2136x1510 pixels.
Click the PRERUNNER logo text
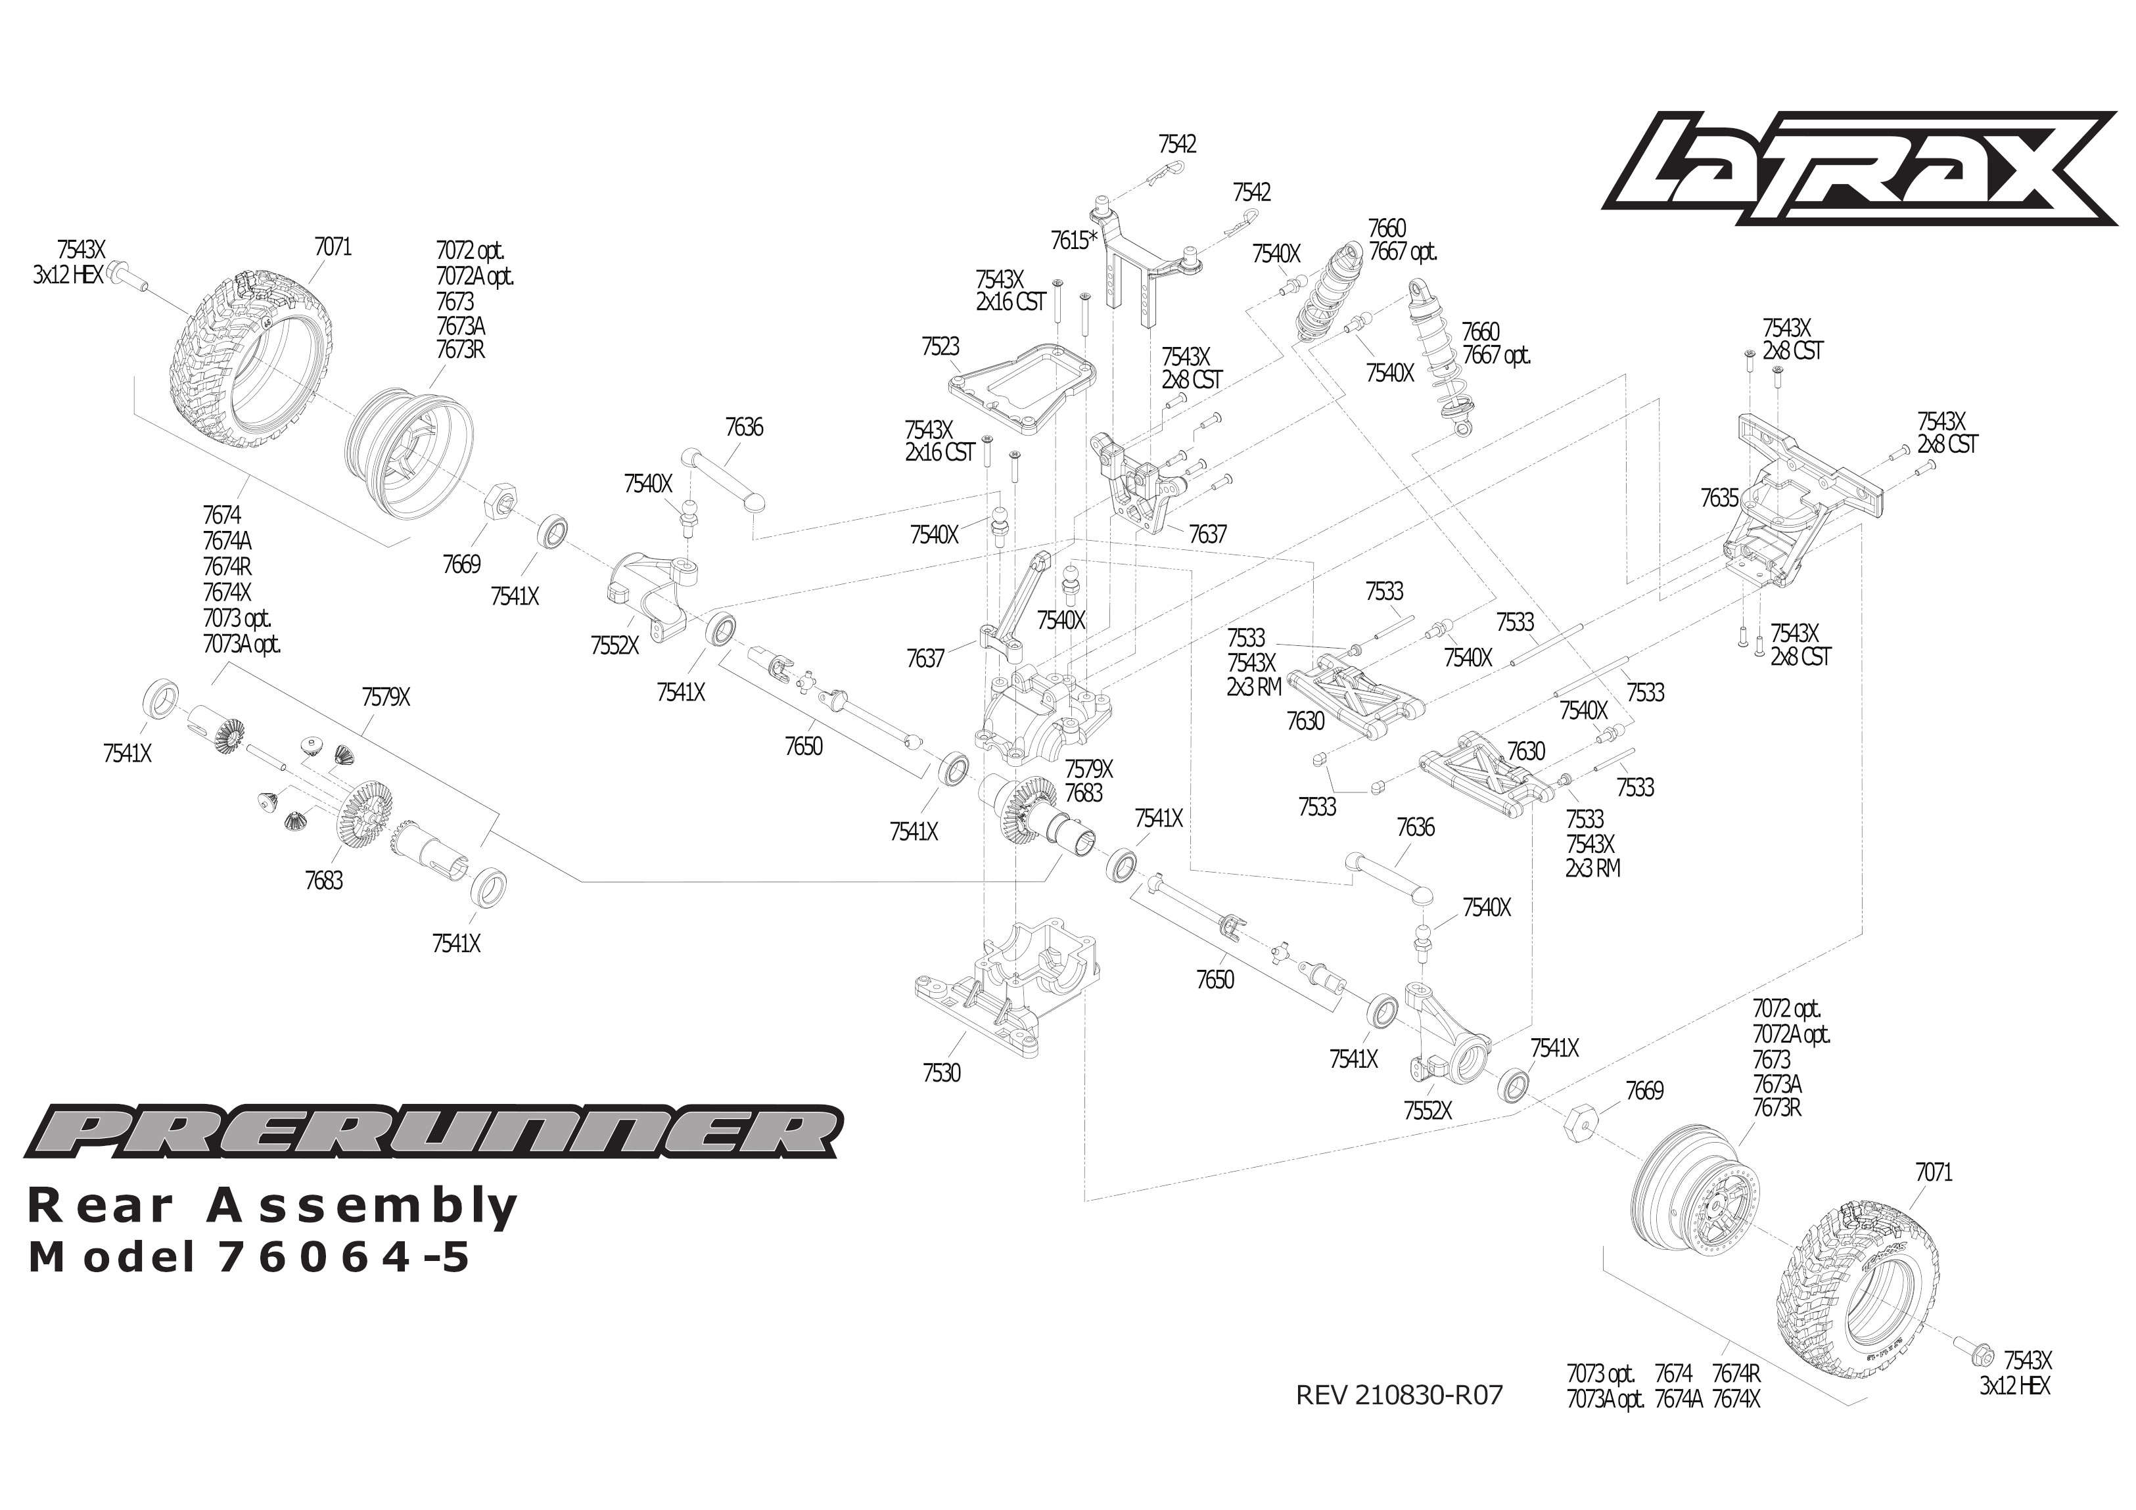[x=432, y=1132]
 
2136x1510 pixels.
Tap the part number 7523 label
[x=940, y=347]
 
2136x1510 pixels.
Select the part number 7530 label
[x=941, y=1073]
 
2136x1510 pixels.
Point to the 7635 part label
[x=1719, y=499]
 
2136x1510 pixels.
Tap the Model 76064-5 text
[x=249, y=1258]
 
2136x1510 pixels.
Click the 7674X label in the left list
[x=227, y=593]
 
